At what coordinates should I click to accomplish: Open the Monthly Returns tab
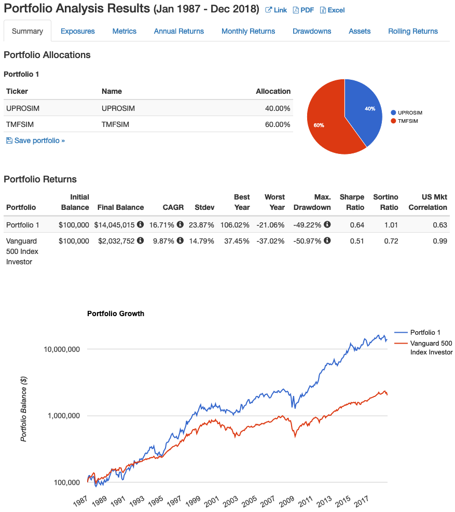[248, 31]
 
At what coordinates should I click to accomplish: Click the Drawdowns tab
[311, 31]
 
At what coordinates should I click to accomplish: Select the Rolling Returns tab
[412, 31]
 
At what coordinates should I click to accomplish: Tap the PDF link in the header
[304, 10]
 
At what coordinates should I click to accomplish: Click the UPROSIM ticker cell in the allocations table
[23, 108]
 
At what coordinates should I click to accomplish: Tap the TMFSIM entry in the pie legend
[407, 121]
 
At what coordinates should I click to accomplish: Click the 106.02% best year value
[236, 225]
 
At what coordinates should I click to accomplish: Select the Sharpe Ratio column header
[352, 202]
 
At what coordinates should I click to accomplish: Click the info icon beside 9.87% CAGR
[180, 241]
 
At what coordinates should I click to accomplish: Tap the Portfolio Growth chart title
[116, 314]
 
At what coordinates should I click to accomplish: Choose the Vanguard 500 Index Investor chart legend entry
[431, 348]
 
